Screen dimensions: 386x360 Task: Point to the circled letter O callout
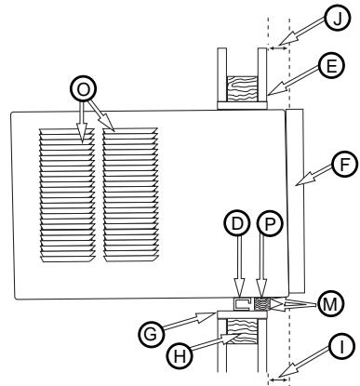tap(84, 89)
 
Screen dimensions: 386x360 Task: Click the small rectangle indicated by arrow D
tap(241, 303)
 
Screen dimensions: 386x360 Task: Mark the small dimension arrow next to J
tap(279, 45)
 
